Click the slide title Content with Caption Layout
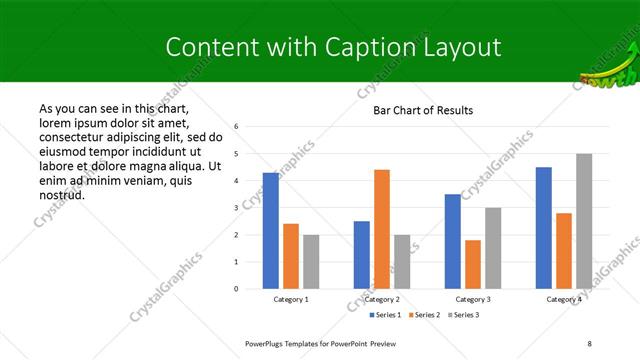click(x=333, y=47)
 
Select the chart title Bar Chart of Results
click(x=423, y=110)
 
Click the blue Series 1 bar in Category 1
click(x=271, y=231)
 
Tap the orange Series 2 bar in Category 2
click(x=382, y=229)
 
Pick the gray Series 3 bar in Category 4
click(x=584, y=221)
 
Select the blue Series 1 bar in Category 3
click(x=453, y=241)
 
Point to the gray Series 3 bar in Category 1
click(x=311, y=262)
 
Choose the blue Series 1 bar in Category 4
click(x=544, y=228)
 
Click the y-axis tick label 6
click(x=236, y=127)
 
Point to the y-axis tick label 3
click(x=236, y=208)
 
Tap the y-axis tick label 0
click(x=236, y=289)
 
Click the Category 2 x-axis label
click(x=382, y=299)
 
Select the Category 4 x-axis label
click(x=564, y=299)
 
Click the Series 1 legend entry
click(x=386, y=315)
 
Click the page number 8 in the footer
click(x=591, y=343)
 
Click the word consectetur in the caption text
click(x=74, y=136)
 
